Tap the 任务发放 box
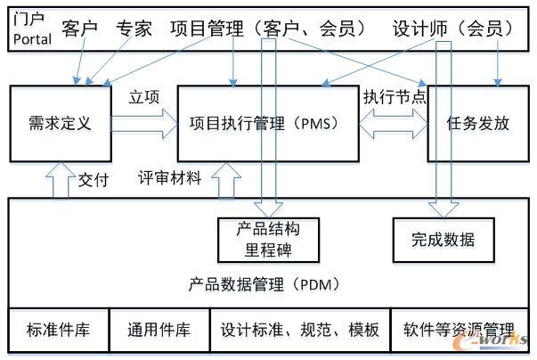478,124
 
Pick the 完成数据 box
443,239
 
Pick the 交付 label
93,180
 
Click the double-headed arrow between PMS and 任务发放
393,123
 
